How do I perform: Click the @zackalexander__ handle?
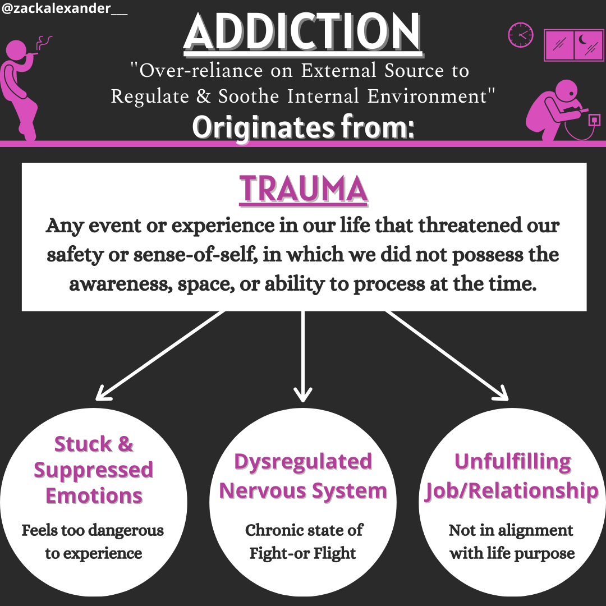pyautogui.click(x=65, y=10)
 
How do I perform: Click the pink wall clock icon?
pyautogui.click(x=520, y=35)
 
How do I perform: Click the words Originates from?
pyautogui.click(x=303, y=127)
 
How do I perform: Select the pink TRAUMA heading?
pyautogui.click(x=304, y=190)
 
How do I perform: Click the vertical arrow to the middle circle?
pyautogui.click(x=303, y=356)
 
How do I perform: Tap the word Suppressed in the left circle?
pyautogui.click(x=94, y=470)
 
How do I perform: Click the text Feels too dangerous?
pyautogui.click(x=93, y=530)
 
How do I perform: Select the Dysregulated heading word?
pyautogui.click(x=303, y=462)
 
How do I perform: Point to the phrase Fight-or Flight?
pyautogui.click(x=303, y=553)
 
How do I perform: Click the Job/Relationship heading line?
pyautogui.click(x=512, y=491)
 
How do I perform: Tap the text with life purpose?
pyautogui.click(x=512, y=553)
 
